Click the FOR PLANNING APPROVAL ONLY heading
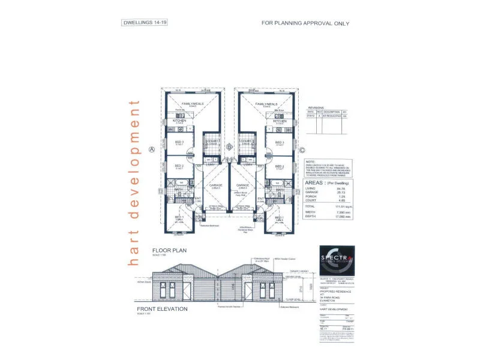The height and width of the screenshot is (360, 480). point(305,23)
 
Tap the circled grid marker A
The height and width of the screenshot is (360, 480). point(152,149)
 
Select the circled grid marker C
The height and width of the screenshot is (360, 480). point(302,150)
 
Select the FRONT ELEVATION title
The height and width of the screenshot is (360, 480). point(170,309)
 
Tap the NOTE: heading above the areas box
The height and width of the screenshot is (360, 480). point(310,161)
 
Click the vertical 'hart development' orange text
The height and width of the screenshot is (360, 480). point(134,181)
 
